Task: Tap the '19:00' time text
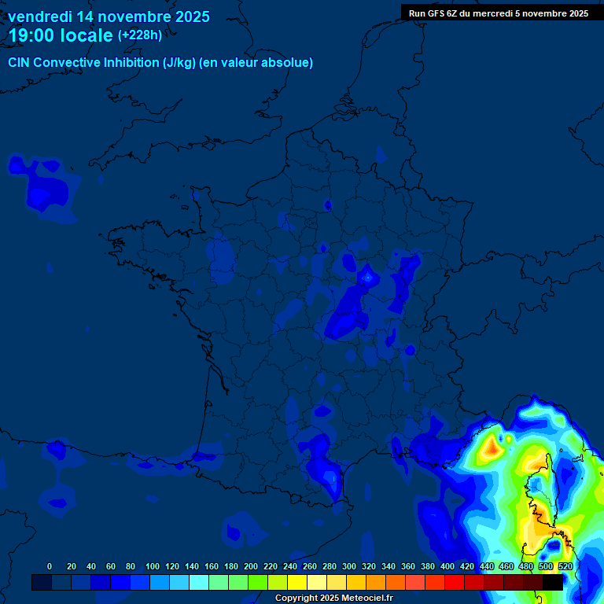33,35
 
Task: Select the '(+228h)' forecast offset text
139,35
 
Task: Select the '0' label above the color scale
50,566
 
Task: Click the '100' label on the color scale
152,566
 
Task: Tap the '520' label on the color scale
565,566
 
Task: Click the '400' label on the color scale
447,566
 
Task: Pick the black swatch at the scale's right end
553,583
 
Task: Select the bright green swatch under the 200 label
258,583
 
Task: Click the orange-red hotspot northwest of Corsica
492,448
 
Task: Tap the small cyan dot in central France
366,277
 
